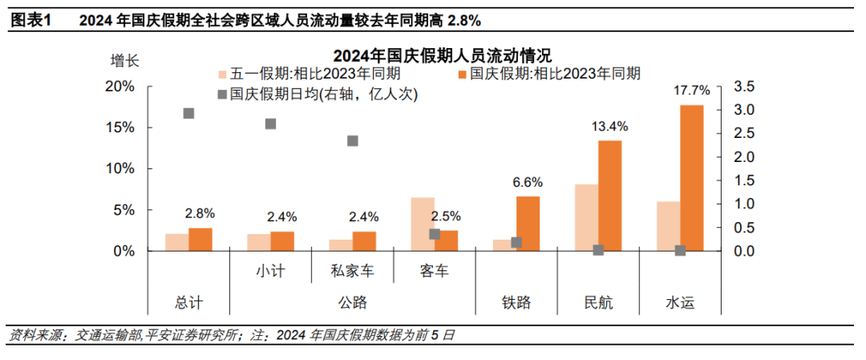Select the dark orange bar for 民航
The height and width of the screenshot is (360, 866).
609,196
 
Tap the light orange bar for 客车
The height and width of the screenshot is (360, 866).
423,224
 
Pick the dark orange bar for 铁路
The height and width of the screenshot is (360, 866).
528,224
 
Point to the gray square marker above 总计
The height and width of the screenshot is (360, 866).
189,113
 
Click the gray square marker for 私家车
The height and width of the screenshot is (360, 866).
352,141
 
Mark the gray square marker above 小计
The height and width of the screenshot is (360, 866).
271,123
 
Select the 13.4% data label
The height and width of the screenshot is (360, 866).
610,126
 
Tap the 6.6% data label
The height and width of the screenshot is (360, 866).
528,181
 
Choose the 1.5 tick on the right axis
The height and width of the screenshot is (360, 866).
744,180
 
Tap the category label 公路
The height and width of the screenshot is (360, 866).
352,303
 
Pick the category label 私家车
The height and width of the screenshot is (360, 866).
352,271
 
